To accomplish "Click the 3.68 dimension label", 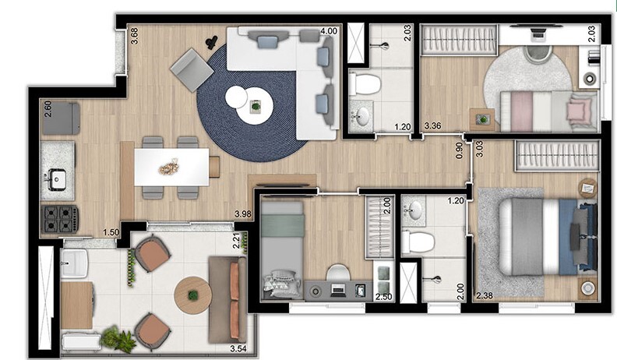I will [134, 36].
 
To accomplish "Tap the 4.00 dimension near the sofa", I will [329, 32].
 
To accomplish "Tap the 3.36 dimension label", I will [433, 125].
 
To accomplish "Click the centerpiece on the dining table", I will [168, 167].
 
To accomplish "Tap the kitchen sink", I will [57, 179].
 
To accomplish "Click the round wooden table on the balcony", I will [192, 295].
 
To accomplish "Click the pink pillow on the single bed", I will [576, 110].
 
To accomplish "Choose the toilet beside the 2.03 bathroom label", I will [364, 83].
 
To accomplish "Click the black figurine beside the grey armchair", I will [210, 43].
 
